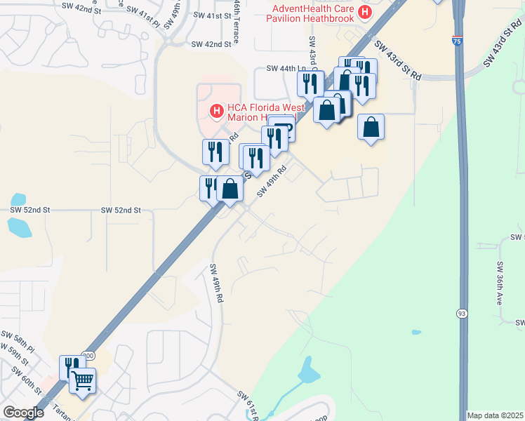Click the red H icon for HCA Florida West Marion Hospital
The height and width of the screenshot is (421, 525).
(x=217, y=110)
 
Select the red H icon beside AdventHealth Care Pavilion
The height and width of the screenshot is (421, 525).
(x=364, y=12)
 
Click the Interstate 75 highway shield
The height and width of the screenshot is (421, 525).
(x=457, y=42)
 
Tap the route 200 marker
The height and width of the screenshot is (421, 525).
(x=87, y=356)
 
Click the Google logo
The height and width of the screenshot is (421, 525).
(x=23, y=413)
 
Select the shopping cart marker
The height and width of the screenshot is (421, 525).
(x=83, y=380)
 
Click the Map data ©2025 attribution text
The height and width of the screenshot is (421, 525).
(x=496, y=415)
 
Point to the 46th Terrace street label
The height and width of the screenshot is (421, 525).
(x=237, y=21)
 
